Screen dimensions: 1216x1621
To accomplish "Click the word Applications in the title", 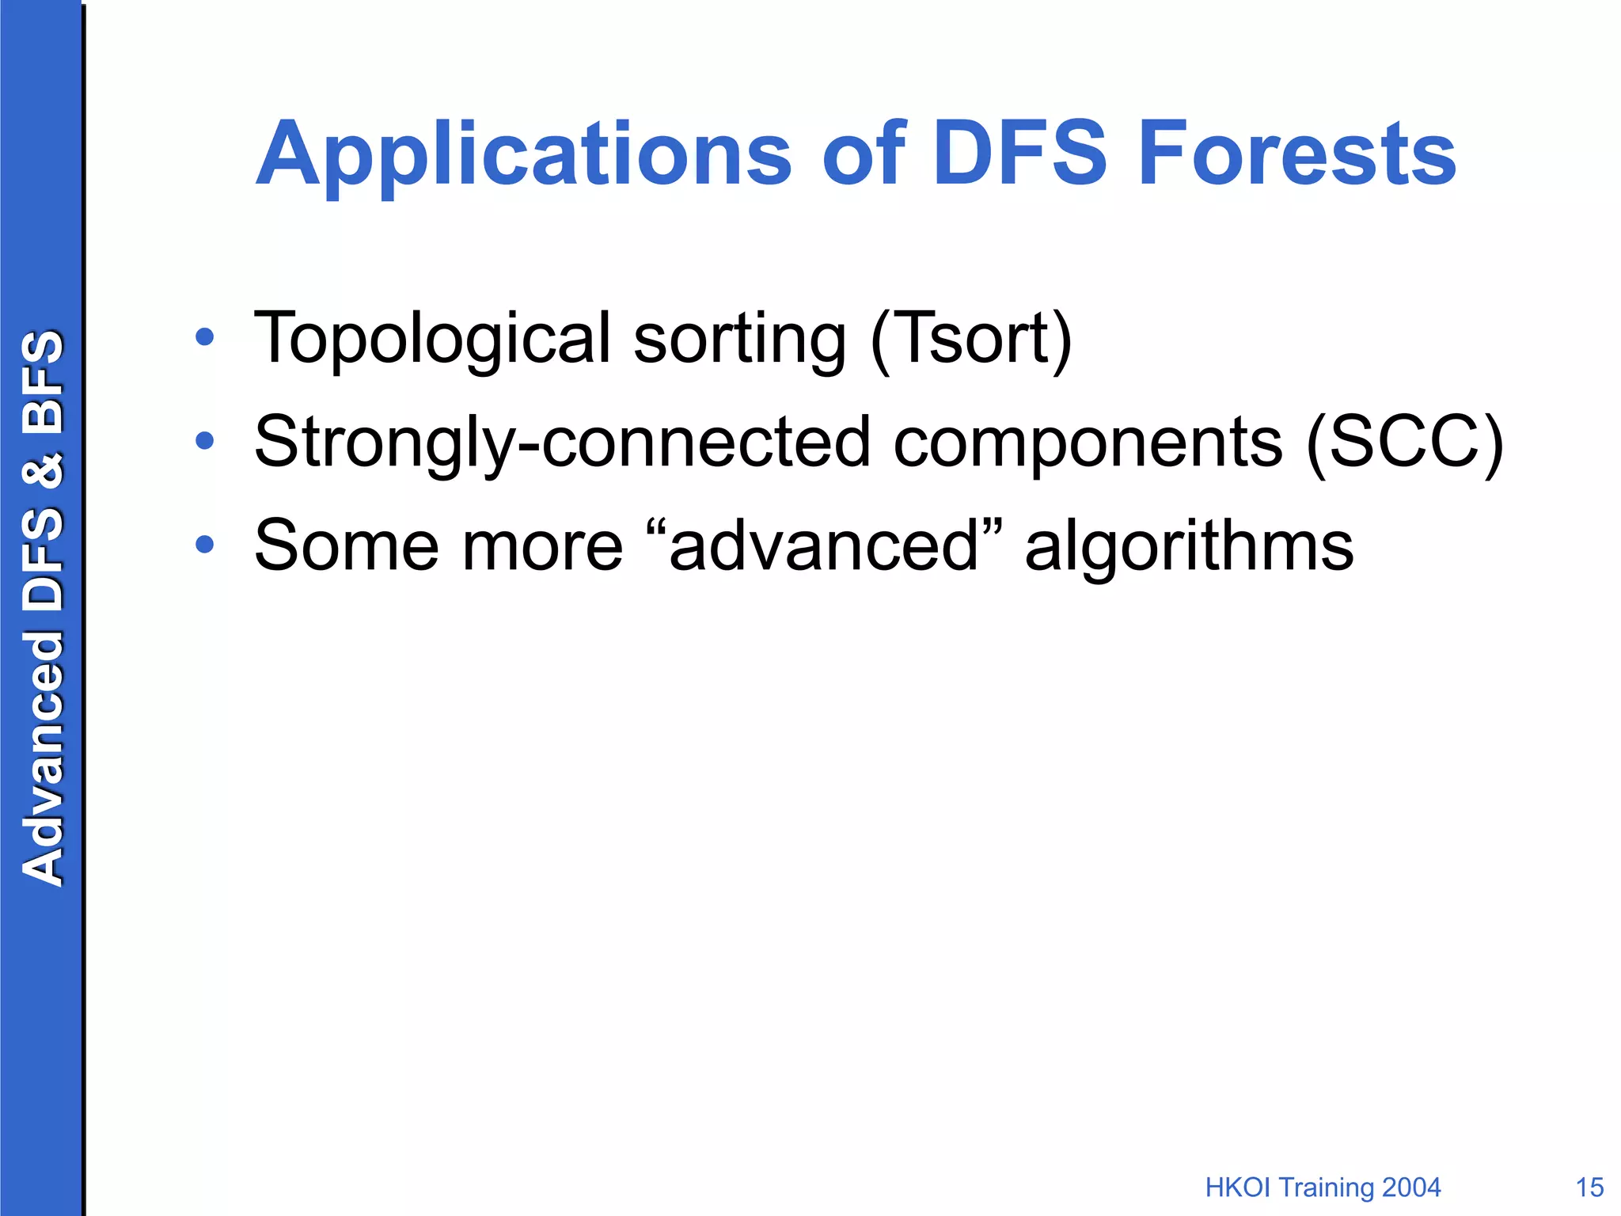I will pyautogui.click(x=522, y=154).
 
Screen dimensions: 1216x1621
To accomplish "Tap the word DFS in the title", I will pyautogui.click(x=1019, y=154).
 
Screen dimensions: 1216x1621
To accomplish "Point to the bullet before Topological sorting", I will pyautogui.click(x=205, y=338).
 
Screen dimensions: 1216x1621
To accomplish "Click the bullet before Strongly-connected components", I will pyautogui.click(x=205, y=441).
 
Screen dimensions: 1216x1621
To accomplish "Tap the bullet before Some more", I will pyautogui.click(x=205, y=545).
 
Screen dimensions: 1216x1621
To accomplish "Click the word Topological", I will pyautogui.click(x=432, y=339).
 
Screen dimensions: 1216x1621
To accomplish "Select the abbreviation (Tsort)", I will pyautogui.click(x=970, y=339).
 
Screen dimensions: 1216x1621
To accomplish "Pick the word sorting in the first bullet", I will pyautogui.click(x=739, y=339).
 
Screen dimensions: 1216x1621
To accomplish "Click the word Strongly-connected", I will pyautogui.click(x=562, y=442).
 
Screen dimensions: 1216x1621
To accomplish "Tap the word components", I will pyautogui.click(x=1088, y=442).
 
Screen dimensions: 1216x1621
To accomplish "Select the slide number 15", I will pyautogui.click(x=1589, y=1187).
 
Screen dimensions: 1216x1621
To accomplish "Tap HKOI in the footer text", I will pyautogui.click(x=1239, y=1187).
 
